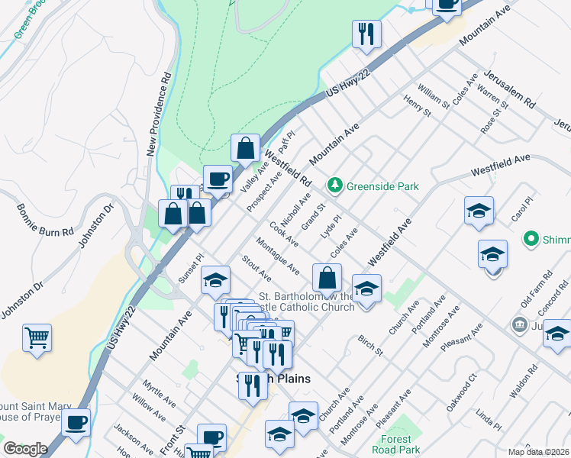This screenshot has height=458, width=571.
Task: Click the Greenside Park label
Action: click(x=382, y=185)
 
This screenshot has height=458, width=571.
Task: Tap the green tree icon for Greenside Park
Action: click(x=334, y=185)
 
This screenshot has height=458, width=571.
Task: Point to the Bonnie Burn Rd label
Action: click(x=45, y=221)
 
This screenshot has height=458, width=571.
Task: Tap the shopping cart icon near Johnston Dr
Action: click(x=37, y=337)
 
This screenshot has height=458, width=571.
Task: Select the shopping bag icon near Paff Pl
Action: click(x=245, y=147)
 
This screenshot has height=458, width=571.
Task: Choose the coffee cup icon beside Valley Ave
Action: click(x=218, y=178)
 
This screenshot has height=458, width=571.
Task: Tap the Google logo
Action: click(x=25, y=448)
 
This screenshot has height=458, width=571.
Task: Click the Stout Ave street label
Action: click(x=256, y=269)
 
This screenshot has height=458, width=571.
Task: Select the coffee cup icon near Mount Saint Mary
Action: click(x=76, y=422)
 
